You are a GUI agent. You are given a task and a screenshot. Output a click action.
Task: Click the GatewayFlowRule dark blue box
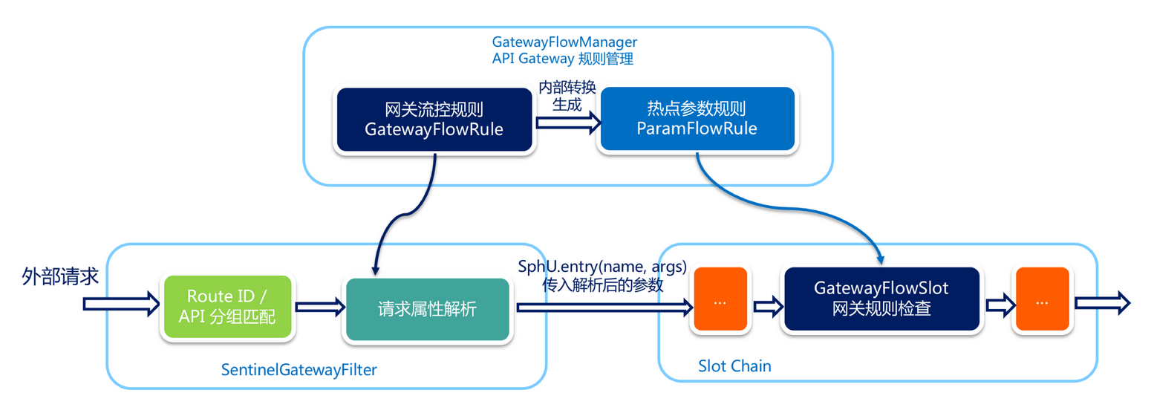(x=434, y=120)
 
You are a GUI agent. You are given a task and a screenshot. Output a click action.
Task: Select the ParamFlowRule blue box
(x=697, y=120)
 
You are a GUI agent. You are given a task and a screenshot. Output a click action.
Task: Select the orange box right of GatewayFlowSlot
(x=1042, y=302)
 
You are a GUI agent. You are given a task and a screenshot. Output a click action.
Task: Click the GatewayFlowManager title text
(x=565, y=41)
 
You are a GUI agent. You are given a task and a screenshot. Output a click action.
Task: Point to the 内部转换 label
(x=567, y=88)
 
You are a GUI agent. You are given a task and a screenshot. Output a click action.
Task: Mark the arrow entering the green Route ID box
(x=120, y=302)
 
